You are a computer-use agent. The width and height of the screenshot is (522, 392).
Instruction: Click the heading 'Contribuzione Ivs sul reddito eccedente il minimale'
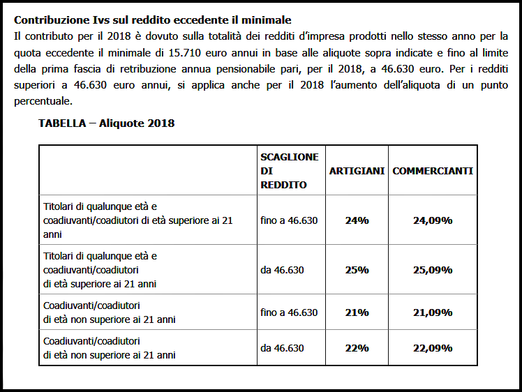click(x=153, y=20)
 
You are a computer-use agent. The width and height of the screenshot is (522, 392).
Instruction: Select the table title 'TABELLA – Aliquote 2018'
click(x=106, y=123)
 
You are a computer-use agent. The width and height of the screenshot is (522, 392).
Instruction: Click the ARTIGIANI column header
click(x=357, y=171)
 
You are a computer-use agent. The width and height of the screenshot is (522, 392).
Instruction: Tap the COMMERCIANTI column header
click(x=433, y=171)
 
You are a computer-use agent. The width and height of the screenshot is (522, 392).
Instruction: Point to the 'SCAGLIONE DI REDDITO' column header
click(x=289, y=171)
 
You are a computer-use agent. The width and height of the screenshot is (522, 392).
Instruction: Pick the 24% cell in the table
click(x=357, y=220)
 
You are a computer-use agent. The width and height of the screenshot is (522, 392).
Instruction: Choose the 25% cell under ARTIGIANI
click(x=357, y=270)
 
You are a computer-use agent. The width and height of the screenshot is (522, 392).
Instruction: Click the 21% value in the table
click(x=357, y=312)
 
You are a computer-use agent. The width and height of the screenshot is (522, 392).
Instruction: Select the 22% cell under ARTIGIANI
click(x=357, y=348)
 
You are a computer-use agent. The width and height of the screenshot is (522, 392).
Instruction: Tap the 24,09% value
click(x=433, y=220)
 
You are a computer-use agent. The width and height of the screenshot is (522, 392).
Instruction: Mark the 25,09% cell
click(x=433, y=270)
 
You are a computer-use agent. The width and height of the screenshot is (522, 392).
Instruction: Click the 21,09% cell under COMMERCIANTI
click(x=433, y=312)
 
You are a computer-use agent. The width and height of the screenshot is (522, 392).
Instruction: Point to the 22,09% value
click(x=433, y=348)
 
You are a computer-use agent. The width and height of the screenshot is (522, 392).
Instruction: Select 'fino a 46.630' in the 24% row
click(x=289, y=220)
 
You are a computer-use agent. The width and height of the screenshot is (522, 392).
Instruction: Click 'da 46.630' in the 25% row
click(x=282, y=270)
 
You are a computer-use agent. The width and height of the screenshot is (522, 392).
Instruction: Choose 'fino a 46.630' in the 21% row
click(x=289, y=312)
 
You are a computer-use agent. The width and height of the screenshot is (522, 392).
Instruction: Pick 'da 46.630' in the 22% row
click(x=282, y=348)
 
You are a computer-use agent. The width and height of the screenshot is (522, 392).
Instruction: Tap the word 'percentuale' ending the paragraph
click(x=43, y=101)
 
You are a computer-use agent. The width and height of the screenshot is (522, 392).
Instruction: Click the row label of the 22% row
click(x=109, y=348)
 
